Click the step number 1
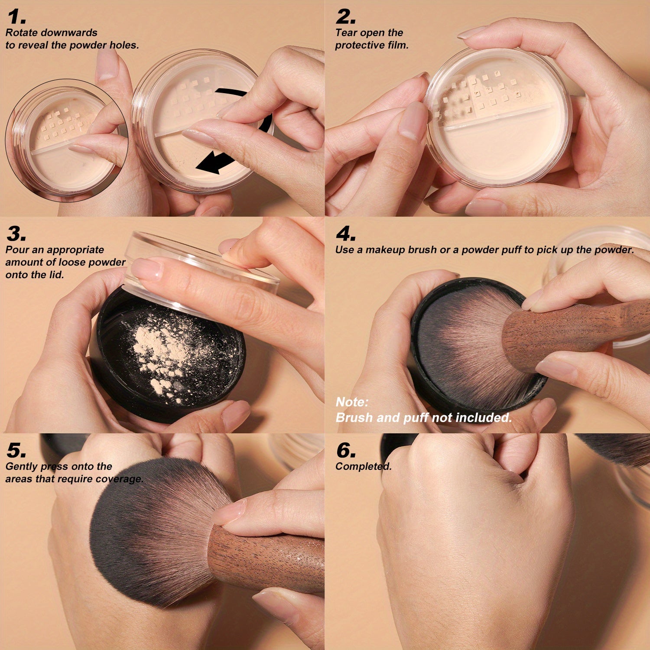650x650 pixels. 16,17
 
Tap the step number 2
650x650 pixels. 346,17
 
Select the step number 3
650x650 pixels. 16,234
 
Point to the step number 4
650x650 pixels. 346,234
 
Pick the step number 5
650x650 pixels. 16,451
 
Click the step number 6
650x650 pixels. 346,451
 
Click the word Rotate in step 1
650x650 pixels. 21,32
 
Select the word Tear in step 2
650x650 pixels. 346,32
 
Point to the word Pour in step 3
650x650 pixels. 16,250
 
